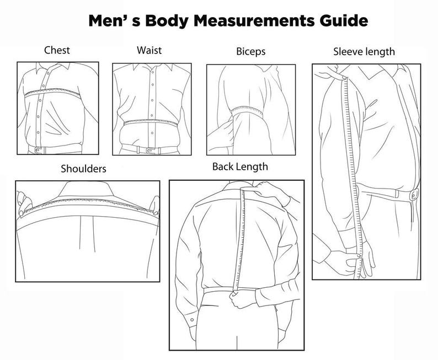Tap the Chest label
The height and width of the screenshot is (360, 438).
click(x=57, y=50)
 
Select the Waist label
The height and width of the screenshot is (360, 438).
click(x=149, y=50)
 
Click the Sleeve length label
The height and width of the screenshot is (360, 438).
click(x=364, y=52)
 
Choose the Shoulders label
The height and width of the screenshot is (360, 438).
click(x=83, y=168)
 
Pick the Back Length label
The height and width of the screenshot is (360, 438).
click(x=240, y=166)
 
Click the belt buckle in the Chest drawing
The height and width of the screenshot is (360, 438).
click(x=38, y=149)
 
